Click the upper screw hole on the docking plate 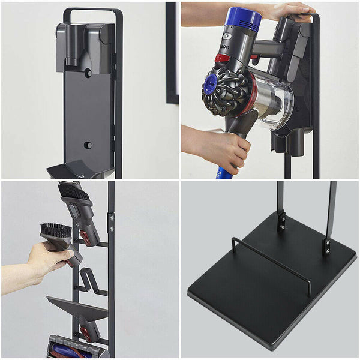point(88,72)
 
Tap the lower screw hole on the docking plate point(88,145)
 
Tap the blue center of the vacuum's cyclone point(211,85)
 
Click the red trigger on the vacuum point(223,58)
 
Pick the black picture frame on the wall point(172,54)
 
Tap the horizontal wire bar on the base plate point(270,258)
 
